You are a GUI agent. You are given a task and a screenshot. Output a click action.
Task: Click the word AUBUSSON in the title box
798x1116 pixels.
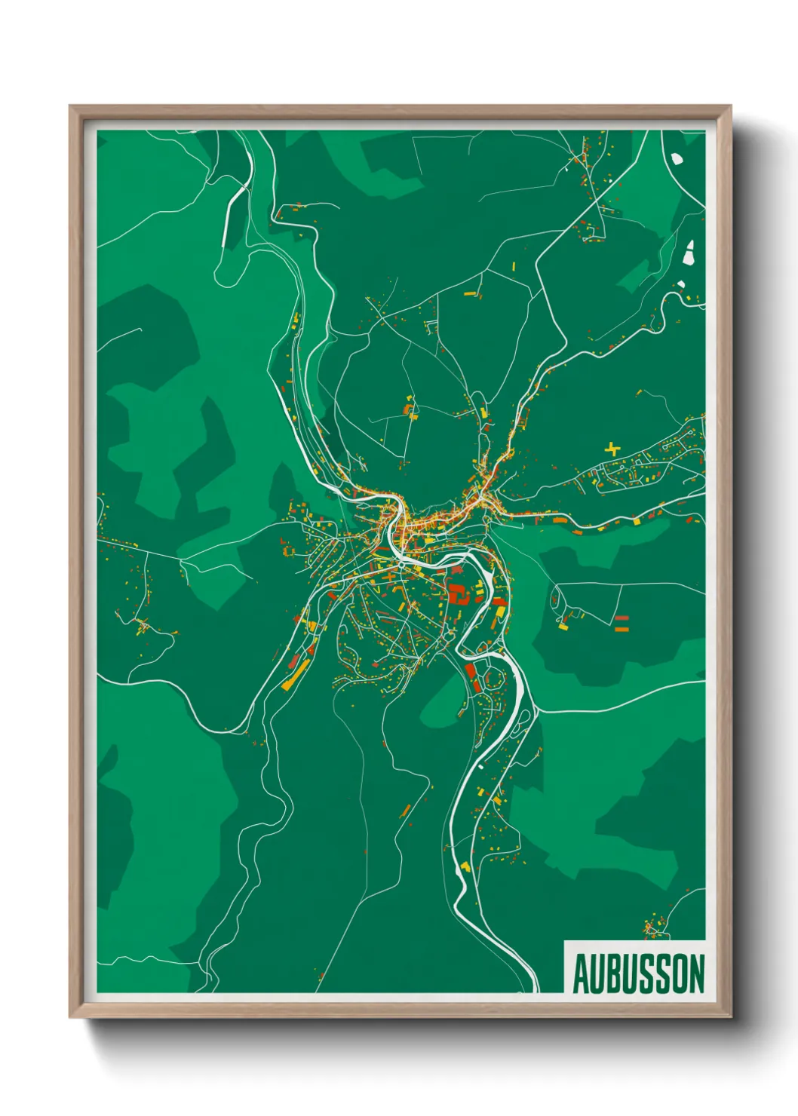638,973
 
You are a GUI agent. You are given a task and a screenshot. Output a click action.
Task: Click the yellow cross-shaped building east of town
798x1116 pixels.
612,449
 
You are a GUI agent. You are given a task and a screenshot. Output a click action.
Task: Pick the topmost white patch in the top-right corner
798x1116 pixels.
677,159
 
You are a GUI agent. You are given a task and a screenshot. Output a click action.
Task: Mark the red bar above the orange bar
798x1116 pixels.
622,618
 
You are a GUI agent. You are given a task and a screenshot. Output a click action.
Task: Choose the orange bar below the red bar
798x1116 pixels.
622,627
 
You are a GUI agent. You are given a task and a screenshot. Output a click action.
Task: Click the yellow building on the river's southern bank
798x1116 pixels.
465,866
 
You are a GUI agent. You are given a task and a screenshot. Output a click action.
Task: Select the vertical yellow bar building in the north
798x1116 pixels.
514,266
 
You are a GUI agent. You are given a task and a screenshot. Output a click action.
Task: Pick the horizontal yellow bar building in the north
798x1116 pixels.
469,293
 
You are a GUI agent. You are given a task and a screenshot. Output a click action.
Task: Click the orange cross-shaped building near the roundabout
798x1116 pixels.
388,577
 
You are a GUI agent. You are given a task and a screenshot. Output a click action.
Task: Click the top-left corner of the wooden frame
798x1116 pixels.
71,107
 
